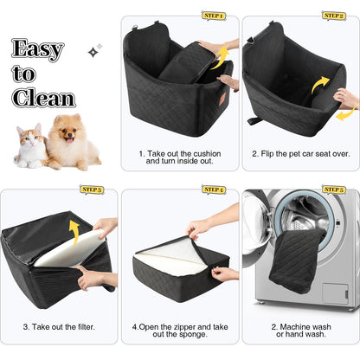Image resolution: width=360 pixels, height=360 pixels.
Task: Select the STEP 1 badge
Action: (x=213, y=16)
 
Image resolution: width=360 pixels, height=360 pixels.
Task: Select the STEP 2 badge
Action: (x=334, y=16)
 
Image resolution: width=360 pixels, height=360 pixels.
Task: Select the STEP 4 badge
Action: (x=213, y=189)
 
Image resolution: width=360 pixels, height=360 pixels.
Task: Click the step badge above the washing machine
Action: (x=334, y=189)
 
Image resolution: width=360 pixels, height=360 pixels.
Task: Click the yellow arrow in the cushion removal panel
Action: (x=220, y=57)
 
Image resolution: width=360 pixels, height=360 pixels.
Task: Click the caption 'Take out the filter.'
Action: (x=59, y=328)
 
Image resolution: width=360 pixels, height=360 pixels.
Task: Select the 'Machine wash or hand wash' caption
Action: (x=299, y=332)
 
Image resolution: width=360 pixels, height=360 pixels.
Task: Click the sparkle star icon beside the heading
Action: (x=93, y=52)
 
